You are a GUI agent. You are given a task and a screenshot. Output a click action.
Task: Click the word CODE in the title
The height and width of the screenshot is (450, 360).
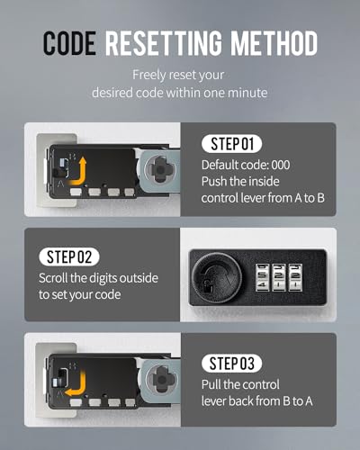point(69,43)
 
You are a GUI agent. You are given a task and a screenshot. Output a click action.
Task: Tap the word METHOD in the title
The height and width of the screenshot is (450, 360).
point(274,43)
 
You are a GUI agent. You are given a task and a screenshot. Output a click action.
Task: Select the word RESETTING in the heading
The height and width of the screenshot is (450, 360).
point(164,43)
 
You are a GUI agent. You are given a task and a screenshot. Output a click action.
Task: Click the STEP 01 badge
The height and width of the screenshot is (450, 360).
point(232,144)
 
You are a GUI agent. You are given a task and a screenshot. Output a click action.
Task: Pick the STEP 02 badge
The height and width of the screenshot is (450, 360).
point(69,256)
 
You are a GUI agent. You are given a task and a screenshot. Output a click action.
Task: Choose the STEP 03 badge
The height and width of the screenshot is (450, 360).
point(232,364)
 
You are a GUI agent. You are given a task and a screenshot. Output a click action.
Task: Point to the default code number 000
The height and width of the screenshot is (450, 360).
point(281,165)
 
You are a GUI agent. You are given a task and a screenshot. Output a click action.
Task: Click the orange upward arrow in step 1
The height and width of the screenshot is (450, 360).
point(78,172)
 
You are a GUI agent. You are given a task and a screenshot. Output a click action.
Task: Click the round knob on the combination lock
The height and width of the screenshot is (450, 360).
point(217,277)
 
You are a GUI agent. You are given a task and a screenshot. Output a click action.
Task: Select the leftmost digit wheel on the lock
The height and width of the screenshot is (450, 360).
point(262,277)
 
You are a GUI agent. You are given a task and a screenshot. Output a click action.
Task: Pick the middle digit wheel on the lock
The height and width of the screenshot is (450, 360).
point(279,277)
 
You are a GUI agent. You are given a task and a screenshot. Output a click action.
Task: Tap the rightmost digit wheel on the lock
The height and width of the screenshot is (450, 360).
point(295,277)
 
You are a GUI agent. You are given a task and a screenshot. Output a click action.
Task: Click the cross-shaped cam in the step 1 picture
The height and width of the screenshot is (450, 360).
point(160,170)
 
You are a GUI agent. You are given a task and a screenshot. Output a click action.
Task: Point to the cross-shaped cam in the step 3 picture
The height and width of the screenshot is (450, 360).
point(162,380)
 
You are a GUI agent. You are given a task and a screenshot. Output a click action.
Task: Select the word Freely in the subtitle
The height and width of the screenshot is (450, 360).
point(149,76)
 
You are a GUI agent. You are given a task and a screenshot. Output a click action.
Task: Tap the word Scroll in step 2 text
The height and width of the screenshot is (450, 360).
point(53,278)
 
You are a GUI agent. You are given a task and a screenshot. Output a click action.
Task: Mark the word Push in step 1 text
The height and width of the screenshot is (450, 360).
point(213,182)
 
